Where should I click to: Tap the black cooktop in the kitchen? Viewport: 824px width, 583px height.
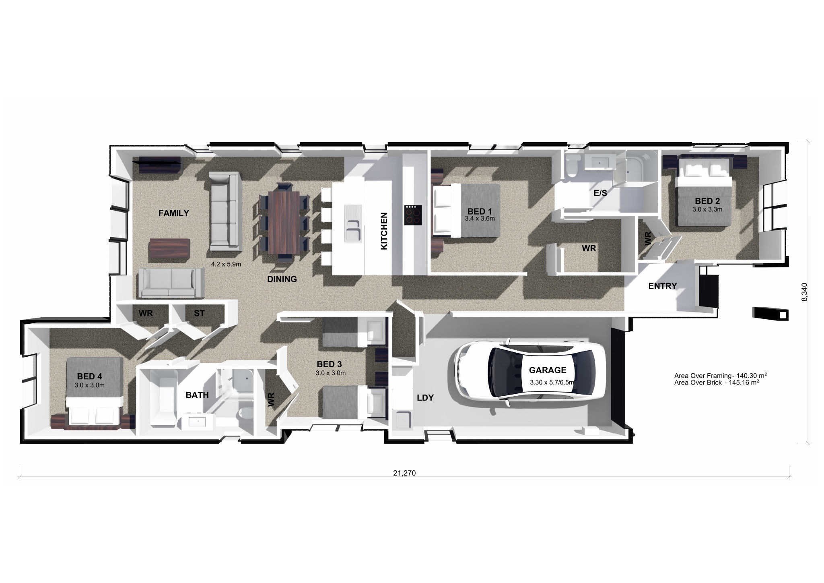[413, 215]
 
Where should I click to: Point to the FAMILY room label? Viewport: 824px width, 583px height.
[173, 213]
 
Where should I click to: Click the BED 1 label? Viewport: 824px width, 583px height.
[479, 211]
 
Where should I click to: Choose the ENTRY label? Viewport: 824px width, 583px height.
[662, 286]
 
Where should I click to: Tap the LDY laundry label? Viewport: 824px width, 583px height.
[425, 398]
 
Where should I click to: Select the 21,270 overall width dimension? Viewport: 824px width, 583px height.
[404, 473]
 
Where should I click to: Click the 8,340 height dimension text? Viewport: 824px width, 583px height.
[804, 292]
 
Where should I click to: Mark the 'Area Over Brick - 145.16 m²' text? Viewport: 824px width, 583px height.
[717, 382]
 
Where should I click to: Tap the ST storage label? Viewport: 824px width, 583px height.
[199, 313]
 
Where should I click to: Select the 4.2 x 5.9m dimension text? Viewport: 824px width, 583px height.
[226, 265]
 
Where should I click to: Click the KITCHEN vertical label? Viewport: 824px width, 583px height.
[384, 231]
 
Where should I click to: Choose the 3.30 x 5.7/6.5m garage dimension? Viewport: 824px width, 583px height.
[552, 382]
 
